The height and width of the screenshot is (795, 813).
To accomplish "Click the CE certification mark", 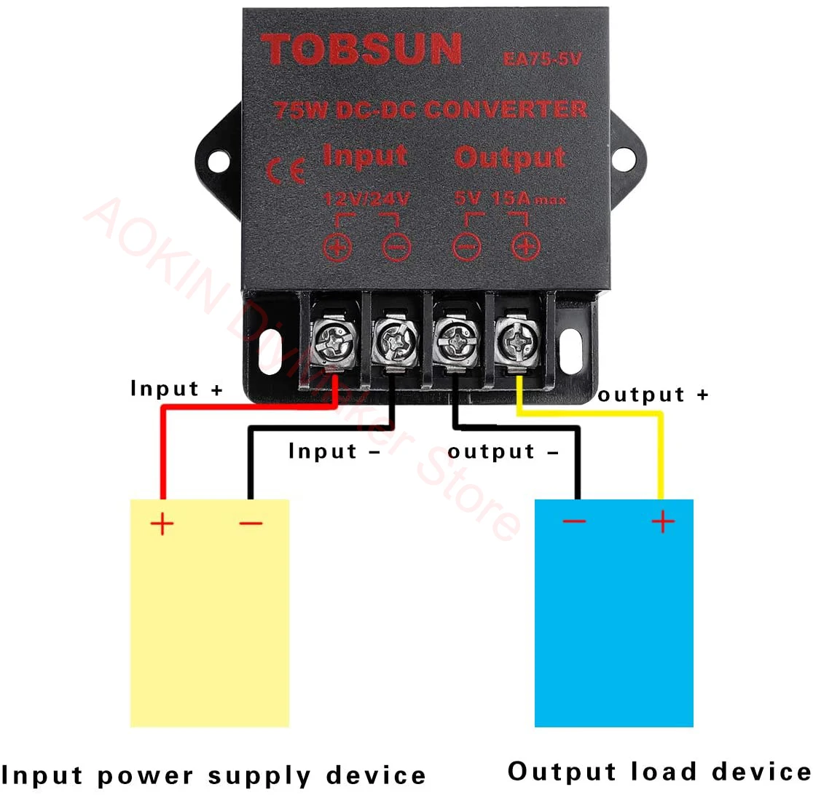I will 280,170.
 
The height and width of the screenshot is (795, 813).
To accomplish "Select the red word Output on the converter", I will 510,157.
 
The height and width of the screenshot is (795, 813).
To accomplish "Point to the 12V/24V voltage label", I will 366,197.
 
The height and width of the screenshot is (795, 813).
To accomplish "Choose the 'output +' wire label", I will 653,395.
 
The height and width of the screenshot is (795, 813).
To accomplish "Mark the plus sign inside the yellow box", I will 162,523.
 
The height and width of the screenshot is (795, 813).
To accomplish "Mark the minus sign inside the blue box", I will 574,521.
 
